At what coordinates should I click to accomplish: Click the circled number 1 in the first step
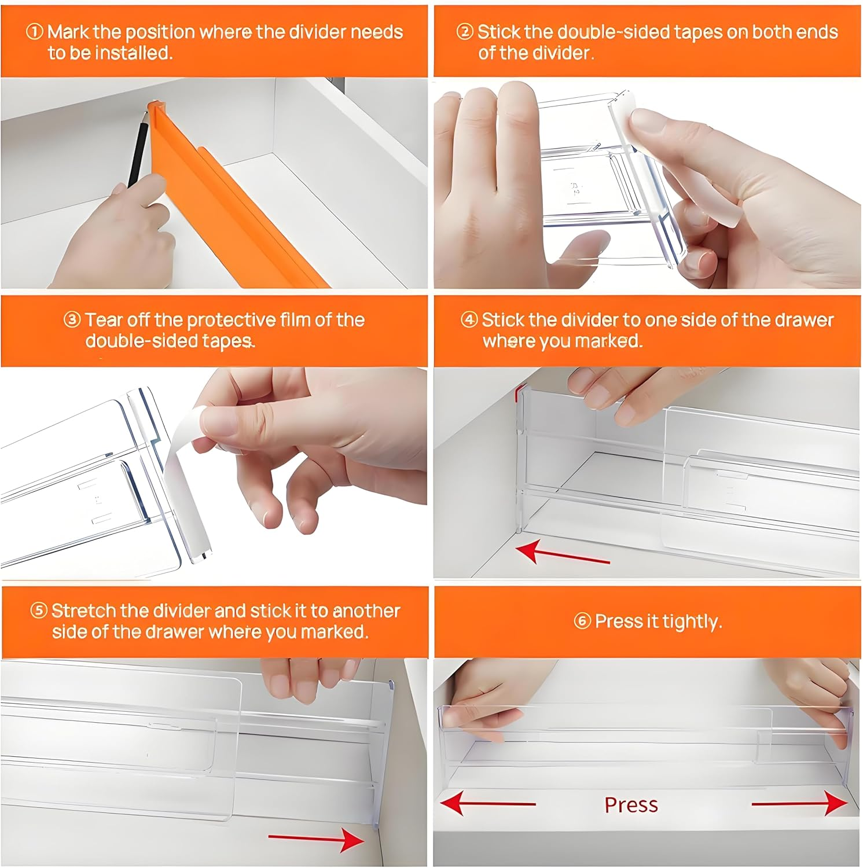coord(34,32)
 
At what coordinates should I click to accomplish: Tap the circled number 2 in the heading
coord(464,32)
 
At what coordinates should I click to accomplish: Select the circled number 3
coord(72,320)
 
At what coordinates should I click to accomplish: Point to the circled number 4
coord(469,320)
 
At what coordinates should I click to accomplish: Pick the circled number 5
coord(38,611)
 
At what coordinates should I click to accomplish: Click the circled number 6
coord(582,621)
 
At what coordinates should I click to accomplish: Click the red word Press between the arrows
coord(631,805)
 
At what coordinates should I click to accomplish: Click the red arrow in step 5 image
coord(316,838)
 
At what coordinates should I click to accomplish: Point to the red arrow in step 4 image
coord(561,555)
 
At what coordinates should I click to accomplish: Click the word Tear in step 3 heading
coord(104,320)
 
